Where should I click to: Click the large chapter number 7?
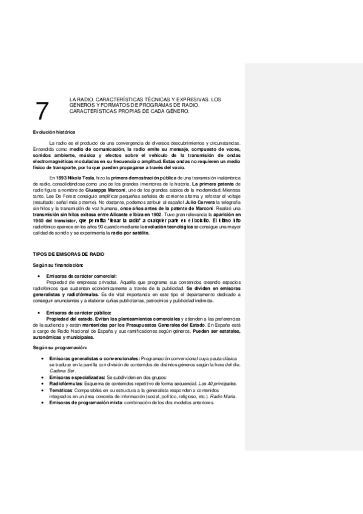[42, 111]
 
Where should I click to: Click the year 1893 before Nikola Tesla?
[59, 176]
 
